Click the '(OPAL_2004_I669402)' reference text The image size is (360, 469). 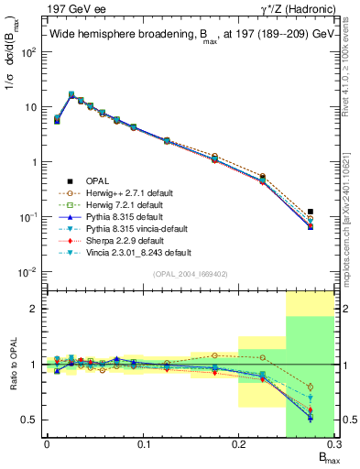click(x=189, y=273)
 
